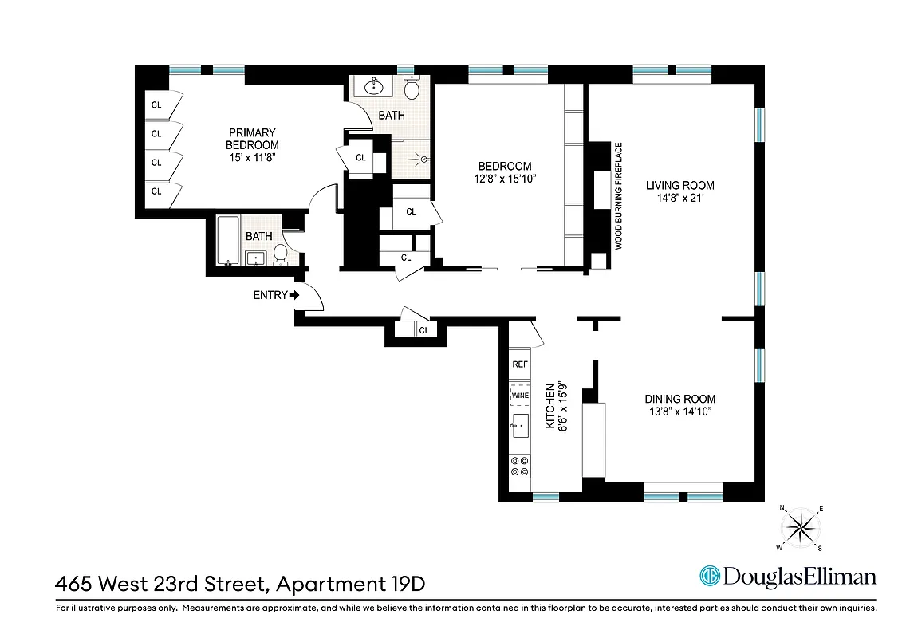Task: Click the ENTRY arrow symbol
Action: [x=293, y=295]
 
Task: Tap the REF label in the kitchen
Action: [x=520, y=364]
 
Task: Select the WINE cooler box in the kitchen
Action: [x=520, y=395]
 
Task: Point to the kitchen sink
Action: [x=520, y=426]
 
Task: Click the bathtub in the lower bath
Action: [x=228, y=240]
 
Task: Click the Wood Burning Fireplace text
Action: [x=618, y=196]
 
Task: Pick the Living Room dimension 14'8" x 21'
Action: [x=679, y=201]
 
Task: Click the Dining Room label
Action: [x=679, y=399]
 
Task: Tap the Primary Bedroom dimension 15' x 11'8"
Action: [x=252, y=157]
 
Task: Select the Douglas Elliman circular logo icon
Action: [x=709, y=576]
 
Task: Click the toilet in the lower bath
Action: [x=281, y=254]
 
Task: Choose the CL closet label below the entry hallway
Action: [x=423, y=330]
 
